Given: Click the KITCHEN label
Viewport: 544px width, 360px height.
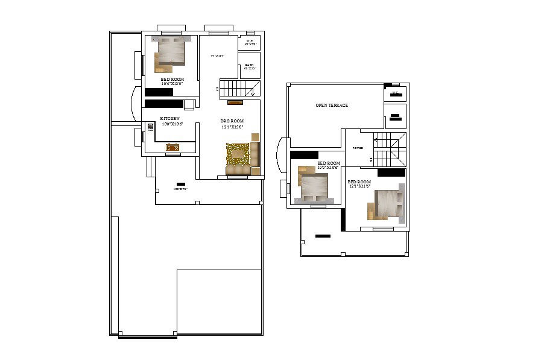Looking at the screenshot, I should coord(170,118).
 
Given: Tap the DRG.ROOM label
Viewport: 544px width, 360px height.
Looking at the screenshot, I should coord(232,121).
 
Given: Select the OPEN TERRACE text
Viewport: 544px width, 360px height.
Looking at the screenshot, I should coord(332,106).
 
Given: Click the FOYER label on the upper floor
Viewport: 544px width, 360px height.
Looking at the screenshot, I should coord(358,148).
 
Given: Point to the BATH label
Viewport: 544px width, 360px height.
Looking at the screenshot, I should coord(250,65).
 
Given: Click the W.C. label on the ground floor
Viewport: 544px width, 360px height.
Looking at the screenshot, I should coord(250,41).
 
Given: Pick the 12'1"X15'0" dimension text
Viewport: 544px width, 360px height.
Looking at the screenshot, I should coord(232,127).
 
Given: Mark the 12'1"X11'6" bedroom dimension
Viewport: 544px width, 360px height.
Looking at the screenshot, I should coord(359,186).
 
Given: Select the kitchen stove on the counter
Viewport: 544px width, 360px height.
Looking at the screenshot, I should coord(173,147).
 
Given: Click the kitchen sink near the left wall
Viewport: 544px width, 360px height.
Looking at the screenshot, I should coord(150,127).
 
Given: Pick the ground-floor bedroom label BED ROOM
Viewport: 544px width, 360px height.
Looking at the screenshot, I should coord(172,79).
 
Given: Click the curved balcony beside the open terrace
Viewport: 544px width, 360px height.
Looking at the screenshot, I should coord(282,156).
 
